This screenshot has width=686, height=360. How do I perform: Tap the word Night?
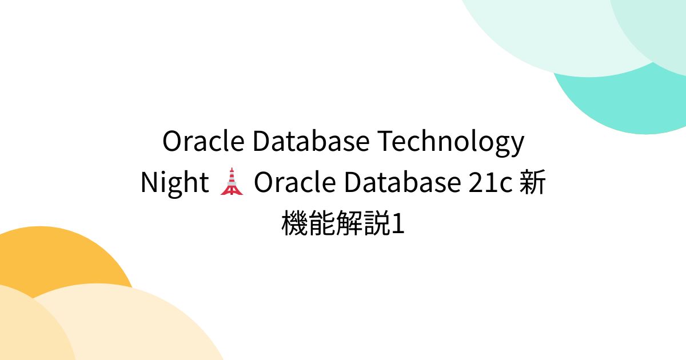tap(174, 183)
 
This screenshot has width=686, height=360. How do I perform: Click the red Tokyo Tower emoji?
tap(232, 181)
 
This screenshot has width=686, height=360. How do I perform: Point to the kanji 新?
tap(533, 182)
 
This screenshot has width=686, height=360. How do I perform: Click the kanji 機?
tap(294, 223)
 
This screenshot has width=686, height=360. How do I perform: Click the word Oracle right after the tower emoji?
tap(295, 182)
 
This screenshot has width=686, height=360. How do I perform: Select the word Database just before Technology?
tap(311, 141)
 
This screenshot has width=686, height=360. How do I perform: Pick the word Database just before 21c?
tap(402, 182)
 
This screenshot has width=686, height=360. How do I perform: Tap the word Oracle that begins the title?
tap(204, 141)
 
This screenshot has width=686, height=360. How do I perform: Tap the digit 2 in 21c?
tap(475, 182)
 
